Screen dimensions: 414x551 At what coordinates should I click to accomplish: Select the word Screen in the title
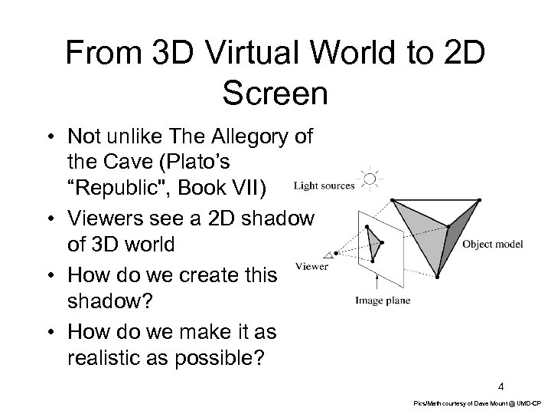pos(275,93)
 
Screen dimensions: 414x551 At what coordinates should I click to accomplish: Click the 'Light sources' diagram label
pos(324,184)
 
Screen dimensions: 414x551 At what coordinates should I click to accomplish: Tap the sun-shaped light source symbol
pos(370,181)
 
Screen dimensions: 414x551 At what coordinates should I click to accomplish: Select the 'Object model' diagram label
pos(494,245)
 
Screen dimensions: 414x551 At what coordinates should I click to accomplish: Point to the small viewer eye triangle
pos(332,255)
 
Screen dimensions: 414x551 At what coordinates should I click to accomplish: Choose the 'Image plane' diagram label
pos(383,301)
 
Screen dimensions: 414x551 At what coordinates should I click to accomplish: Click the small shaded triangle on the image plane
pos(375,245)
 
